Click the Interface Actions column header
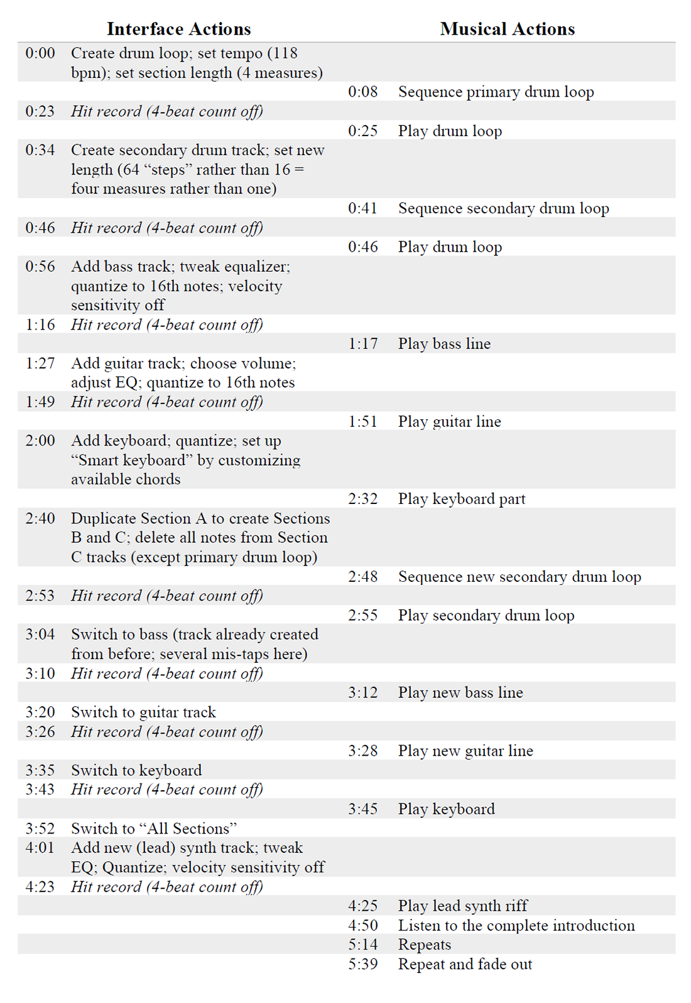(178, 29)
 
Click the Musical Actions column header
(507, 29)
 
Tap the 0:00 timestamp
(40, 53)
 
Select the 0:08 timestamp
(363, 92)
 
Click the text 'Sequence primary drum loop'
(496, 92)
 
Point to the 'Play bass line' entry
(444, 344)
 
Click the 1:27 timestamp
(40, 363)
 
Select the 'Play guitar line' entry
(449, 422)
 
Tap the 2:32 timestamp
(363, 499)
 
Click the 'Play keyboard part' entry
(462, 499)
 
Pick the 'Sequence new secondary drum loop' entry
(520, 577)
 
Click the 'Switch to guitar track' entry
(143, 712)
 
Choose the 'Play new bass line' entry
(460, 693)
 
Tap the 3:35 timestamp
(40, 770)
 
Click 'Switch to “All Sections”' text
(154, 829)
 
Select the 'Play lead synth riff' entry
(463, 906)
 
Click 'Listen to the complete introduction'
(516, 926)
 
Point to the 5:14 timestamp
(363, 945)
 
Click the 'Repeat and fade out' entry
(465, 964)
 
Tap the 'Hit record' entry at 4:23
(166, 887)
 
